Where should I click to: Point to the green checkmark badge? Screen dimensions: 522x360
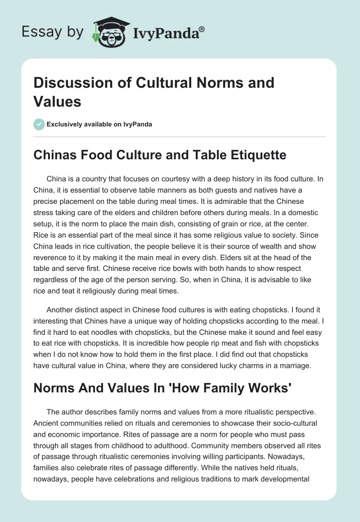[39, 124]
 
